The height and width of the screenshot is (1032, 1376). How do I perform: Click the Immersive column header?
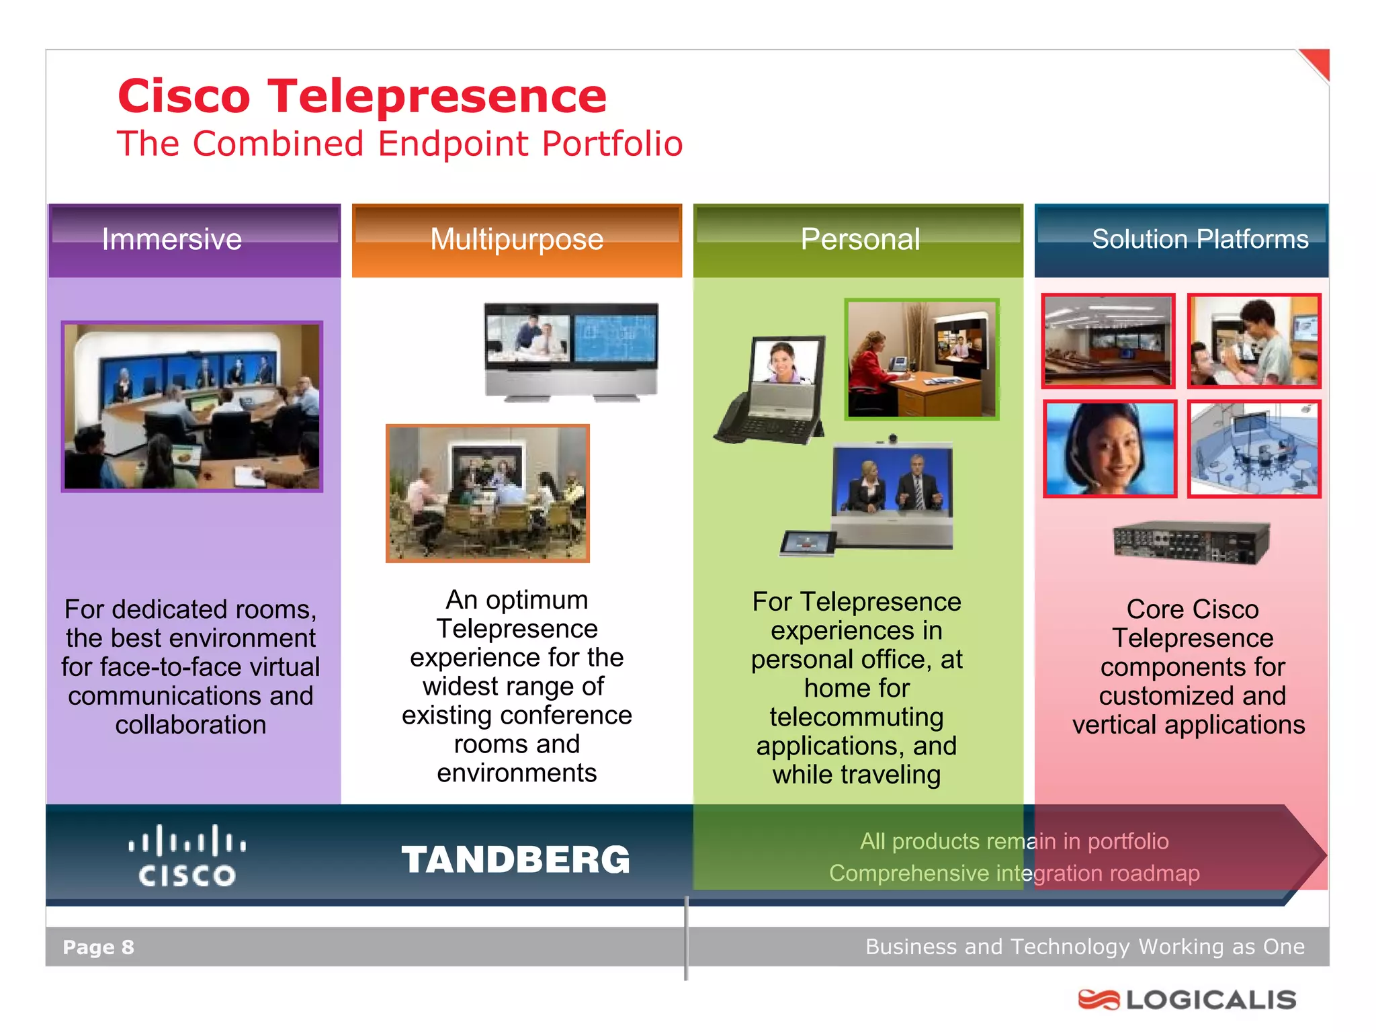pyautogui.click(x=172, y=240)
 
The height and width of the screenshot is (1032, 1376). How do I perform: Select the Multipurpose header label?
pyautogui.click(x=517, y=240)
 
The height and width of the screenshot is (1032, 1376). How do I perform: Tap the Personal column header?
pyautogui.click(x=859, y=240)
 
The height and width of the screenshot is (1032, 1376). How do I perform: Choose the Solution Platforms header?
pyautogui.click(x=1199, y=240)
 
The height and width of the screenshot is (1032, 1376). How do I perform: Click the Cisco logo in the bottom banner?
pyautogui.click(x=187, y=857)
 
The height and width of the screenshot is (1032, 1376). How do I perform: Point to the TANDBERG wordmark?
pyautogui.click(x=516, y=860)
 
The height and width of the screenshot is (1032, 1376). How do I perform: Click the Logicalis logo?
pyautogui.click(x=1187, y=1000)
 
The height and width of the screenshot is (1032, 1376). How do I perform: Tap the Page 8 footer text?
pyautogui.click(x=99, y=947)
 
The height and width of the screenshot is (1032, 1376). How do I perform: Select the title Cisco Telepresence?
pyautogui.click(x=362, y=96)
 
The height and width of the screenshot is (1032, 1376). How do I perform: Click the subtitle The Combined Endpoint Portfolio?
pyautogui.click(x=400, y=144)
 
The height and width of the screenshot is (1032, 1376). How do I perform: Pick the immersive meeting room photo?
pyautogui.click(x=192, y=406)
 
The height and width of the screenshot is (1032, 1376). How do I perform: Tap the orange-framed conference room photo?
pyautogui.click(x=488, y=493)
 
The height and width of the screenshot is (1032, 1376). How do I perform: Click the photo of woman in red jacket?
pyautogui.click(x=922, y=359)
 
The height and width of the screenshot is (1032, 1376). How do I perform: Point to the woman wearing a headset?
pyautogui.click(x=1109, y=449)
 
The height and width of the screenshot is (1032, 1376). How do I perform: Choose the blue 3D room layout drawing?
pyautogui.click(x=1254, y=449)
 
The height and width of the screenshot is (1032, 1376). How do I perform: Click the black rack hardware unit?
pyautogui.click(x=1191, y=542)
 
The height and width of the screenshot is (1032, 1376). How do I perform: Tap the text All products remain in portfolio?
pyautogui.click(x=1014, y=841)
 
